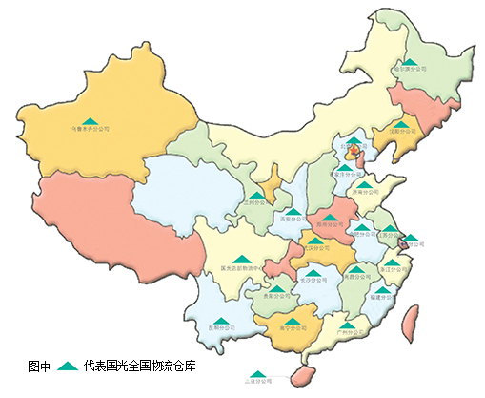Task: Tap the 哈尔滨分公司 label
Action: point(407,70)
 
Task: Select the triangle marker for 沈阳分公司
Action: point(403,123)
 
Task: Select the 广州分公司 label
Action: point(352,332)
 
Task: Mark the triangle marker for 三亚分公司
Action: point(257,373)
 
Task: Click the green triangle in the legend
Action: point(67,365)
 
